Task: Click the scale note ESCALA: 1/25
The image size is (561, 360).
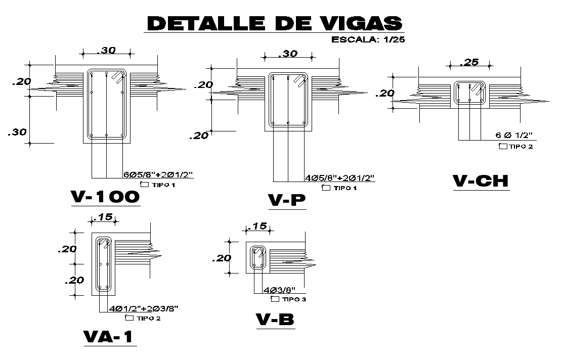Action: tap(368, 39)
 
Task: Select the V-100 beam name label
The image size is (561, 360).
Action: tap(105, 197)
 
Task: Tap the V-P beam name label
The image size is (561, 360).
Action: tap(287, 200)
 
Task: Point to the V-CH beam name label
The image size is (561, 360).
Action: tap(481, 181)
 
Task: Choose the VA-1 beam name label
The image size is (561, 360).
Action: tap(108, 337)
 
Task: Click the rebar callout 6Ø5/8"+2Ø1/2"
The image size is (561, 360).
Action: tap(158, 174)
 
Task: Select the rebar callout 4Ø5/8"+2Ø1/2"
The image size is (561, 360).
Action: tap(339, 177)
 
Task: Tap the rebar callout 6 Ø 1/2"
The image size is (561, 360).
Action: tap(514, 135)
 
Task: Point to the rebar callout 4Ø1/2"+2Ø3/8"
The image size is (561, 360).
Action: tap(144, 308)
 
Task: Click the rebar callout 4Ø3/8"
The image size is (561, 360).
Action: tap(279, 290)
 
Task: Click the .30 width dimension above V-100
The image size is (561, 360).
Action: tap(106, 51)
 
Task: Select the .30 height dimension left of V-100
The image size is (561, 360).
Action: tap(17, 132)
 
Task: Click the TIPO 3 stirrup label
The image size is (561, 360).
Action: tap(288, 299)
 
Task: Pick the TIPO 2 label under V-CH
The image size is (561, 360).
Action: tap(516, 146)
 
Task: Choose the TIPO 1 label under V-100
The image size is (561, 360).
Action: tap(158, 185)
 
